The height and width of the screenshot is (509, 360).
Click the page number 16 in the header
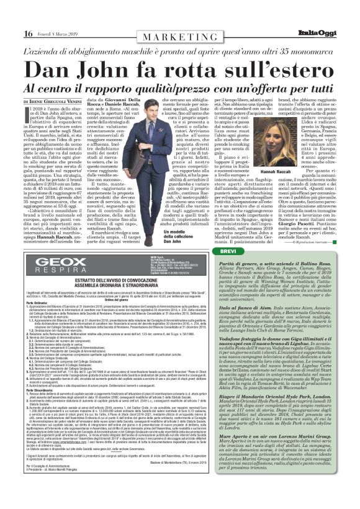(29, 33)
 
